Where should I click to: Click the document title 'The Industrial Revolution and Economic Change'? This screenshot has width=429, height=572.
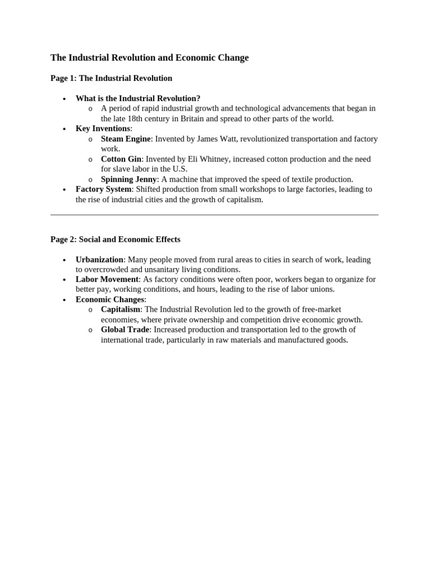[149, 58]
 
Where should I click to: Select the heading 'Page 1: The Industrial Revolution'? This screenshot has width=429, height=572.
[111, 78]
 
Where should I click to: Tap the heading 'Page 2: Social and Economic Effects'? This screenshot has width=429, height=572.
[115, 239]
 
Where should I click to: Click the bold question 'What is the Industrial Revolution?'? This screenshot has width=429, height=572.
[138, 98]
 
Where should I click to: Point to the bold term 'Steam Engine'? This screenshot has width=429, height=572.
[126, 139]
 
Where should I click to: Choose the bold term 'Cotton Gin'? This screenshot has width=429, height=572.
[121, 159]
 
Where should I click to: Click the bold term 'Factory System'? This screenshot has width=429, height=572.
[103, 189]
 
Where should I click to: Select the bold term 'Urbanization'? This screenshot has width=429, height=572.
[99, 260]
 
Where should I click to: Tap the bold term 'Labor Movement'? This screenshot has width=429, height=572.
[107, 279]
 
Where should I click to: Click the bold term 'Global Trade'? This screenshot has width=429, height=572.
[125, 330]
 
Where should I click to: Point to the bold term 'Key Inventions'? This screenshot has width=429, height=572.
[103, 128]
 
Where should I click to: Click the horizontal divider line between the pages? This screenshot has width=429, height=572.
[214, 214]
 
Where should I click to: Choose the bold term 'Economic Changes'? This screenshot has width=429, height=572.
[110, 299]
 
